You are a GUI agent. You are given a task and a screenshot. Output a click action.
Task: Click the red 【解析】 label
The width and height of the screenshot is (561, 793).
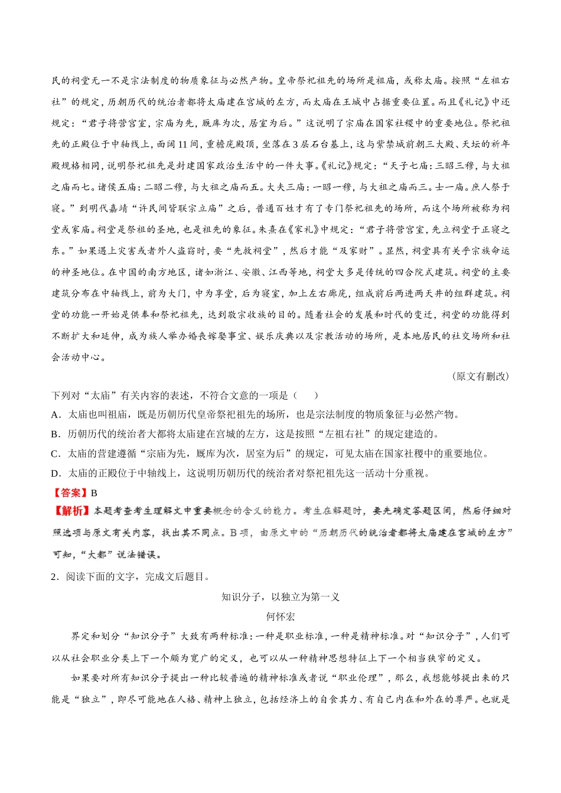coord(70,511)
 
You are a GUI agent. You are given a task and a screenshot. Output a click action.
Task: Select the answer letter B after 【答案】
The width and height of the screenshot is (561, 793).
coord(94,493)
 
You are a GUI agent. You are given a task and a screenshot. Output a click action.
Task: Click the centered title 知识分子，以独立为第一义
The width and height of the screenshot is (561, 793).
coord(280,597)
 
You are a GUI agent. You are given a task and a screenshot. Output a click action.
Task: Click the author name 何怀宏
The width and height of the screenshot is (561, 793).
coord(280,617)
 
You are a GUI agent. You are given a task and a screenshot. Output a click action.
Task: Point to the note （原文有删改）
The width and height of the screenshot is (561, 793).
coord(480,376)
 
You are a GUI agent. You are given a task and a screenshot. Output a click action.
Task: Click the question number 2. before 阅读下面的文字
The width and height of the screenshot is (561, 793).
coord(55,576)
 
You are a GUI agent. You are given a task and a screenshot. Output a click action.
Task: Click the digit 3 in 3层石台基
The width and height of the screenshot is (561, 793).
coord(295,145)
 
